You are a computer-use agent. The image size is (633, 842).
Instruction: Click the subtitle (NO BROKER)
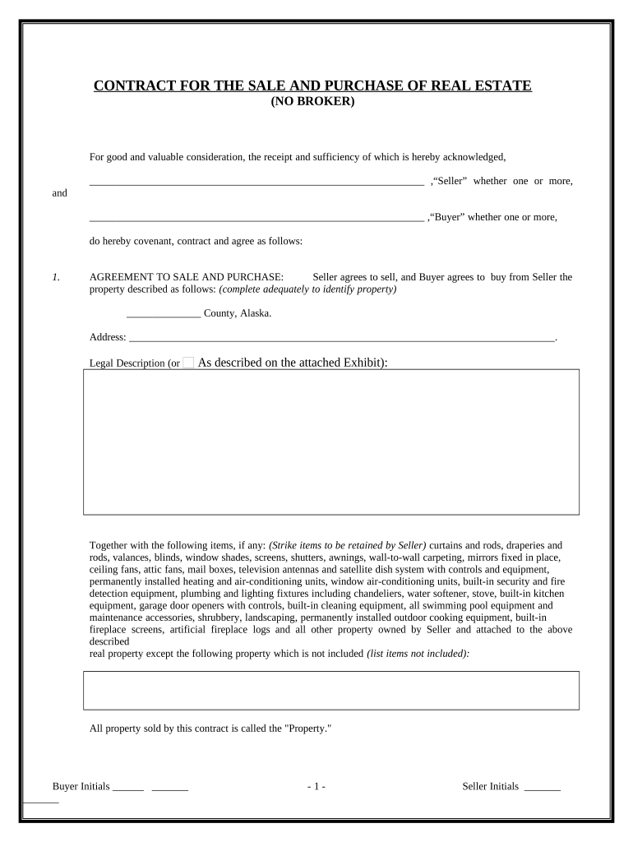pyautogui.click(x=312, y=101)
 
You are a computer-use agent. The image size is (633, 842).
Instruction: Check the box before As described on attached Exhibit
pyautogui.click(x=188, y=363)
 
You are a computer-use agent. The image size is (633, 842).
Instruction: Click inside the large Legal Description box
pyautogui.click(x=330, y=442)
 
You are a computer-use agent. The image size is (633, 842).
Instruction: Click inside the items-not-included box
pyautogui.click(x=330, y=690)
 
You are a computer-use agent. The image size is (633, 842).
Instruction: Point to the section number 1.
pyautogui.click(x=55, y=278)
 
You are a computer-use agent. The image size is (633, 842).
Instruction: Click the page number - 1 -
pyautogui.click(x=316, y=787)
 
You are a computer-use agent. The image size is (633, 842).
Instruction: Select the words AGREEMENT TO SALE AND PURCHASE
pyautogui.click(x=187, y=278)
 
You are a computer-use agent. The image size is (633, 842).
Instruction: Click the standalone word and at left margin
pyautogui.click(x=59, y=193)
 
